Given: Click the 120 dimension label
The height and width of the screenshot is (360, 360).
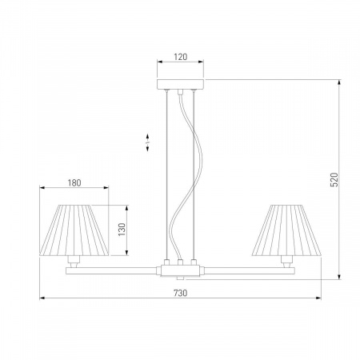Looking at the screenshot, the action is click(x=181, y=57).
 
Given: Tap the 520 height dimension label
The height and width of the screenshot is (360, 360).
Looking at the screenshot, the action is click(x=334, y=179).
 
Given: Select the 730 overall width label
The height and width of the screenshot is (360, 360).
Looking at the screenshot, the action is click(x=181, y=293).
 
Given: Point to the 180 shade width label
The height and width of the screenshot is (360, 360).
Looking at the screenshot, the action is click(x=74, y=183).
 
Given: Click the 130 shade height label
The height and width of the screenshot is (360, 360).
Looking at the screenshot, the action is click(x=122, y=230).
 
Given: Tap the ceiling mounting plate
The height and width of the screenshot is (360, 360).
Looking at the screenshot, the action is click(x=180, y=84).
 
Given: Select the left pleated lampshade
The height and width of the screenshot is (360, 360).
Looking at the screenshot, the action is click(x=74, y=230).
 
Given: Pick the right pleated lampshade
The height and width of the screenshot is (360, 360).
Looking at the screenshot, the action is click(x=286, y=230).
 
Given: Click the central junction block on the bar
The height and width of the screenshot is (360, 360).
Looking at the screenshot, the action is click(x=180, y=270).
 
